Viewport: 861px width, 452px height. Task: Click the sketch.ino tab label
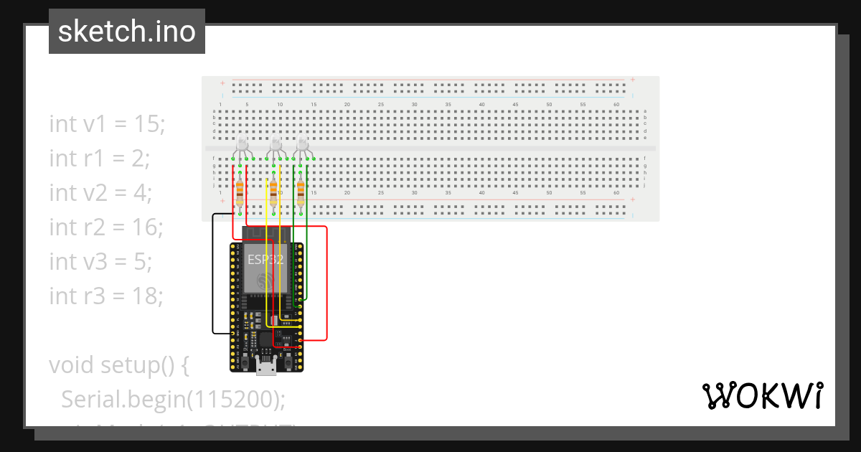(x=127, y=32)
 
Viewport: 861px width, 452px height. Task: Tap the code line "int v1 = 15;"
(x=108, y=124)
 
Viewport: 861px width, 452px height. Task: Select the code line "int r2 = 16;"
(x=106, y=227)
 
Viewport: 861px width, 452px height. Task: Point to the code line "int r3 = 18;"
(x=106, y=296)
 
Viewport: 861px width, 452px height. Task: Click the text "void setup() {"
(x=119, y=364)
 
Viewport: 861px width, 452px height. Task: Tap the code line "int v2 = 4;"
(x=100, y=193)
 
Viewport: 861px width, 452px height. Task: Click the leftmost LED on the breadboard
(x=242, y=145)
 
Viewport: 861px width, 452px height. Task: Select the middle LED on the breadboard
(x=274, y=145)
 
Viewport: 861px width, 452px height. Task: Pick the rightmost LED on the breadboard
(x=303, y=145)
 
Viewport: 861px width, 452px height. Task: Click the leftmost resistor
(x=240, y=192)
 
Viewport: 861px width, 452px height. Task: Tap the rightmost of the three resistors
(x=301, y=192)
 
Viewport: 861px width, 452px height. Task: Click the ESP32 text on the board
(x=265, y=260)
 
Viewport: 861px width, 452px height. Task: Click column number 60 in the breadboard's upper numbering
(x=616, y=105)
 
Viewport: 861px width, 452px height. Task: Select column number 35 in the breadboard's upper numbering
(x=448, y=105)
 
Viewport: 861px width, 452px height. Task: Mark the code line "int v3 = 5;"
(x=100, y=262)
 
